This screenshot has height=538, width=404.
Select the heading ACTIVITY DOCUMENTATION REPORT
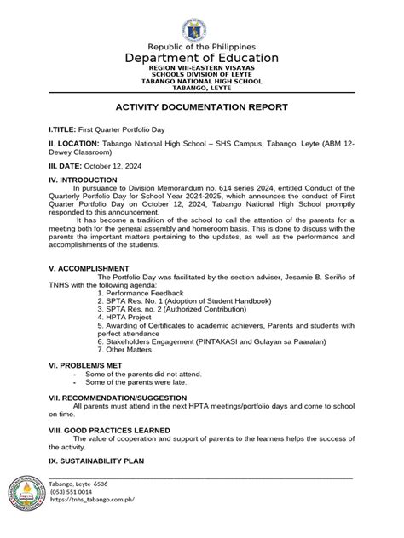[x=202, y=106]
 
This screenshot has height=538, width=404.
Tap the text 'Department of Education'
[x=202, y=58]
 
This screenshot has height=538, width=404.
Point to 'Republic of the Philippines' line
[x=202, y=45]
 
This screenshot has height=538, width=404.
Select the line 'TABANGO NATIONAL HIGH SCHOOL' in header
[x=202, y=81]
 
